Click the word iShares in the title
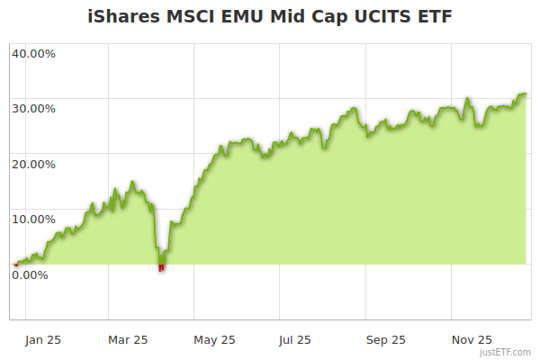click(x=123, y=16)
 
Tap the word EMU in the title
click(x=243, y=16)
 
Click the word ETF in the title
click(x=428, y=16)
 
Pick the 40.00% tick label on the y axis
click(x=33, y=52)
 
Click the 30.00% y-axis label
click(x=33, y=108)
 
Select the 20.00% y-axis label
click(x=33, y=164)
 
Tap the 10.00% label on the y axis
click(x=33, y=219)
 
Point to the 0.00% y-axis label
click(x=30, y=274)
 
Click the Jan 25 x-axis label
click(x=43, y=339)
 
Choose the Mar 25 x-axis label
click(x=128, y=339)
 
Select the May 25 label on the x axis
click(x=214, y=339)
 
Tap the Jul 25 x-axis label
click(x=295, y=339)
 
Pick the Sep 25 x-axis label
click(x=386, y=339)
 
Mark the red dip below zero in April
click(x=161, y=267)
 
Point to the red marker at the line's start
click(x=15, y=265)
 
